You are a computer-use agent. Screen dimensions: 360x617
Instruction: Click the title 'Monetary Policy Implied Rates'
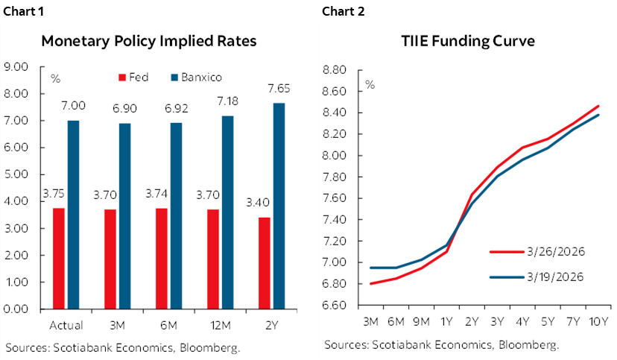click(149, 42)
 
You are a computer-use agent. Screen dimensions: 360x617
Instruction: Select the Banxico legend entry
click(190, 77)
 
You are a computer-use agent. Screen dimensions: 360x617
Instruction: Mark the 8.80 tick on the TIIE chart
click(336, 70)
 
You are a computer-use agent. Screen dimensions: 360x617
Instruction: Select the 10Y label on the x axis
click(598, 321)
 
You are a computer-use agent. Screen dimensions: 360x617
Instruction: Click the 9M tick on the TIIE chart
click(421, 321)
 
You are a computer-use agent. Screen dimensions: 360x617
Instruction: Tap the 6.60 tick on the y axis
click(336, 305)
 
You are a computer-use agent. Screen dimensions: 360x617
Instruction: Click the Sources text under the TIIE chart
click(441, 344)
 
